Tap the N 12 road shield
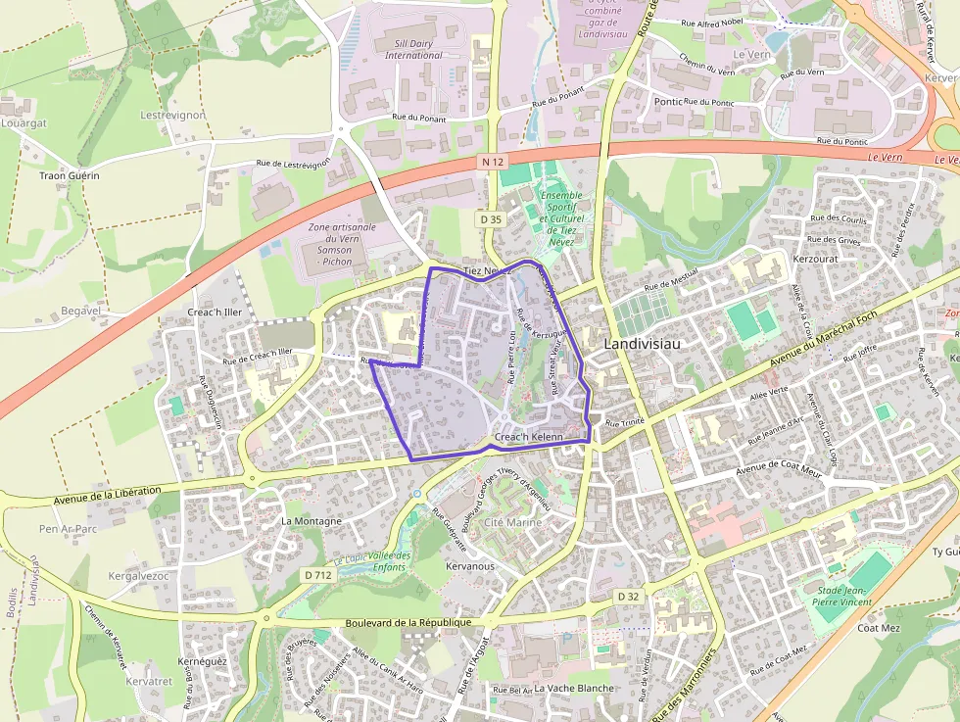click(492, 161)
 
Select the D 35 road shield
click(491, 219)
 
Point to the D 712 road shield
click(317, 575)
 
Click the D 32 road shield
click(628, 596)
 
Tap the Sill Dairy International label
click(413, 49)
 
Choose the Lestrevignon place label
click(172, 115)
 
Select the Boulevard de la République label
click(408, 622)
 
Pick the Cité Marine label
click(506, 523)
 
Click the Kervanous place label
click(470, 566)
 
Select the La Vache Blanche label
click(574, 688)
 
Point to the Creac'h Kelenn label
click(530, 437)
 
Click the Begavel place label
click(81, 311)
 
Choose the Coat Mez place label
click(879, 628)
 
